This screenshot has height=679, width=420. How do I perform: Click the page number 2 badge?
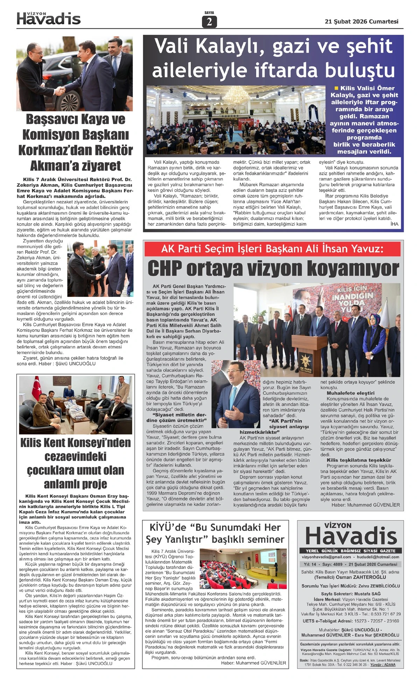[209, 22]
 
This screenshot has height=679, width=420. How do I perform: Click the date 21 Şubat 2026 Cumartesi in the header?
[362, 22]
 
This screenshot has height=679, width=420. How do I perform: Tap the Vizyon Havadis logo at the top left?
[49, 19]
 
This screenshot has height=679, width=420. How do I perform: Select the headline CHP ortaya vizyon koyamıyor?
[273, 269]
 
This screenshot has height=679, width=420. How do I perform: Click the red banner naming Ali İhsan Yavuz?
[272, 249]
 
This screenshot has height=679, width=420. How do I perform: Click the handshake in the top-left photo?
[60, 90]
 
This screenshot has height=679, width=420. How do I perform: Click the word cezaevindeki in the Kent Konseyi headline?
[75, 457]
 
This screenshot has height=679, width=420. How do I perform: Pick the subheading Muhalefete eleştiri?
[350, 393]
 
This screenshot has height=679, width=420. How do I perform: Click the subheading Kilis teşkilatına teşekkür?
[359, 460]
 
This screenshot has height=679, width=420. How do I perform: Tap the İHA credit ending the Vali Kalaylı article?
[394, 224]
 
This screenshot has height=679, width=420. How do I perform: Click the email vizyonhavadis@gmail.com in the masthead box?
[326, 557]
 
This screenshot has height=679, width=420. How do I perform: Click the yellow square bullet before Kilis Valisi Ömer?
[336, 88]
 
